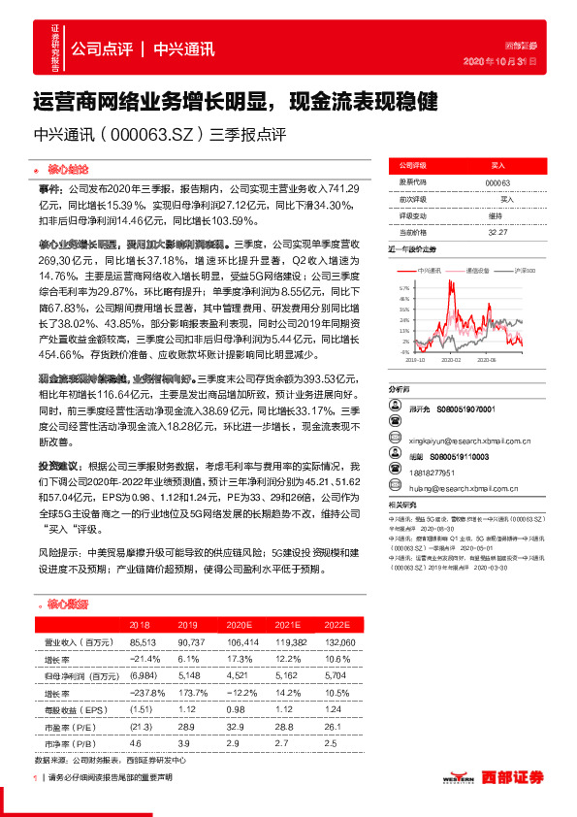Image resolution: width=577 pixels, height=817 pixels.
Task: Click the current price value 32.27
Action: coord(497,232)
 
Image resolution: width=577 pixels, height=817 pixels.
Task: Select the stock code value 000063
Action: coord(497,182)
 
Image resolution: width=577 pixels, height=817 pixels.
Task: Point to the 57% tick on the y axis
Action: coord(403,288)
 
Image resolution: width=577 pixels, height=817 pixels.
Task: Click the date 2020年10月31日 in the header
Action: coord(508,61)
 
